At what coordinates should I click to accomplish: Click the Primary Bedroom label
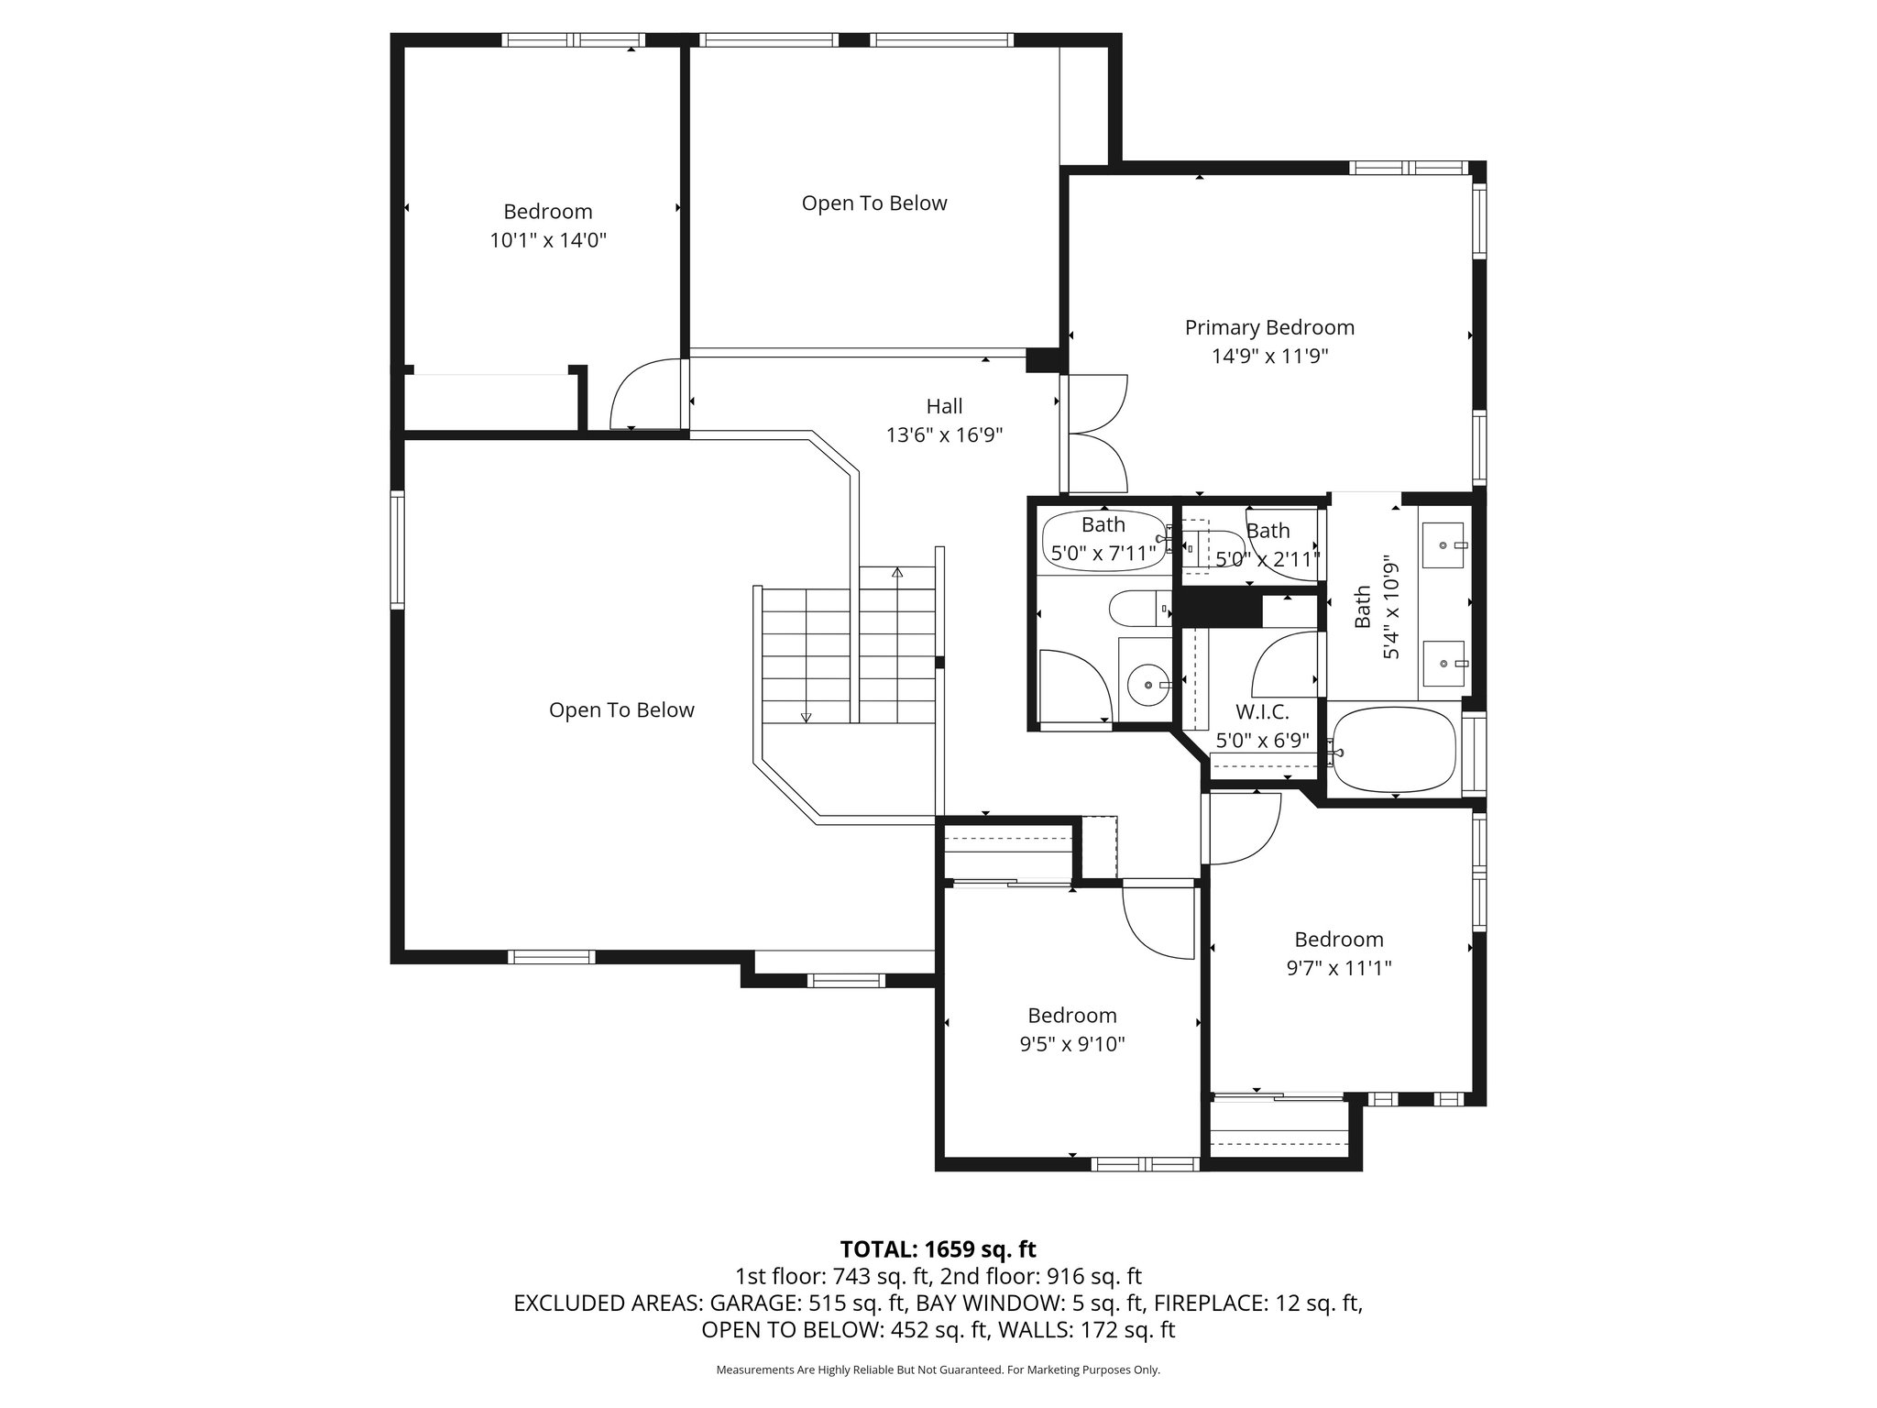click(1269, 327)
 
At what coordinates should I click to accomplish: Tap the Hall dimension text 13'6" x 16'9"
click(944, 435)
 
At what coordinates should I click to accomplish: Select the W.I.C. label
click(1262, 712)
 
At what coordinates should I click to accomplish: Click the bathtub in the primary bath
click(1393, 750)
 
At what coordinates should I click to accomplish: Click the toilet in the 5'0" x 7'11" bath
click(1139, 608)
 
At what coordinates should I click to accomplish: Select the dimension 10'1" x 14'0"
click(548, 241)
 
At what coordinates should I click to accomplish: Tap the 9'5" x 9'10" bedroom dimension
click(1071, 1044)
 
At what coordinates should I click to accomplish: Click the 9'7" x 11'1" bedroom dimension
click(1339, 968)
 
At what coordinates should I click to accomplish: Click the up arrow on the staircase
click(897, 574)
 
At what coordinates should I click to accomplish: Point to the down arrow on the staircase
click(807, 716)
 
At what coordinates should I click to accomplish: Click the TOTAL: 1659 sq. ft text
click(938, 1249)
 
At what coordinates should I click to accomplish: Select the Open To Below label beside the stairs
click(621, 710)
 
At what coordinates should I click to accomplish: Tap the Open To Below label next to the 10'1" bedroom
click(873, 203)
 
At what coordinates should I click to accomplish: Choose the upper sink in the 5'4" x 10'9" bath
click(1443, 545)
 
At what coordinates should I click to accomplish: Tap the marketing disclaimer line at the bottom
click(938, 1370)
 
